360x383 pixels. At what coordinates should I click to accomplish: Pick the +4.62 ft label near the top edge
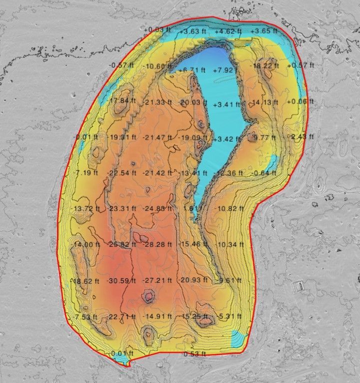228,32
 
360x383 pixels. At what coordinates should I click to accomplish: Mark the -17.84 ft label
122,101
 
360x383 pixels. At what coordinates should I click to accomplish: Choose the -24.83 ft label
157,208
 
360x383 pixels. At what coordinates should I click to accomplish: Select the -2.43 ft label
302,137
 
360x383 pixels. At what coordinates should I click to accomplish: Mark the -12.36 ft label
230,173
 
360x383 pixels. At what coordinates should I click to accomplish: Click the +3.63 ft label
192,32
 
